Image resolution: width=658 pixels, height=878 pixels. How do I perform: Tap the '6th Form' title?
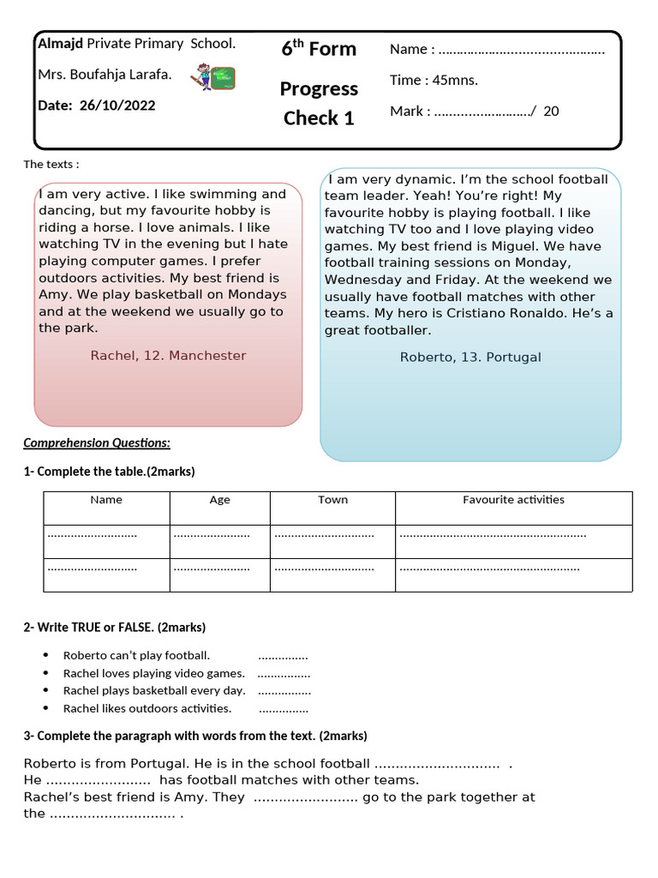point(319,49)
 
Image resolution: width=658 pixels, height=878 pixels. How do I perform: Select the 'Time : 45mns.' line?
point(434,80)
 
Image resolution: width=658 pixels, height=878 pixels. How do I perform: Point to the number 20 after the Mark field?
point(551,111)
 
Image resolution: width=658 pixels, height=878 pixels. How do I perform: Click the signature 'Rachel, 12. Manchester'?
point(168,355)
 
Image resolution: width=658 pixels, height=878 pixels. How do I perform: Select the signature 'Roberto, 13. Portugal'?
point(470,357)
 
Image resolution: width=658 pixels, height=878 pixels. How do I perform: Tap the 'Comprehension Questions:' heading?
point(97,442)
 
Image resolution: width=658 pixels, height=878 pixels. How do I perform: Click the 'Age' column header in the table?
point(219,500)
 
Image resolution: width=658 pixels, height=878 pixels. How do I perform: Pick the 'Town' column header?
point(332,500)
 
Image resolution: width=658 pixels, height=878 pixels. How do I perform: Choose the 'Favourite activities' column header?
point(513,500)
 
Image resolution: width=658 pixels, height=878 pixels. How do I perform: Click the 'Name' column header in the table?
point(106,500)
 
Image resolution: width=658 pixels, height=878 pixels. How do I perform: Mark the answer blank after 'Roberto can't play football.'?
point(283,656)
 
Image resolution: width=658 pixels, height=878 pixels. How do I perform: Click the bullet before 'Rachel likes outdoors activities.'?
point(46,709)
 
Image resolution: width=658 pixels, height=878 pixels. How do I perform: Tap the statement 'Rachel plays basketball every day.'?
point(154,690)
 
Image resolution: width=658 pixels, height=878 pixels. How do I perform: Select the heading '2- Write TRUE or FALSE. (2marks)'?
point(115,627)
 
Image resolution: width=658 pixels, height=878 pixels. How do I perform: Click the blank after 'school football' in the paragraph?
point(437,764)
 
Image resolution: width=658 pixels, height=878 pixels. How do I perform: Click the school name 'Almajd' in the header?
point(61,43)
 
